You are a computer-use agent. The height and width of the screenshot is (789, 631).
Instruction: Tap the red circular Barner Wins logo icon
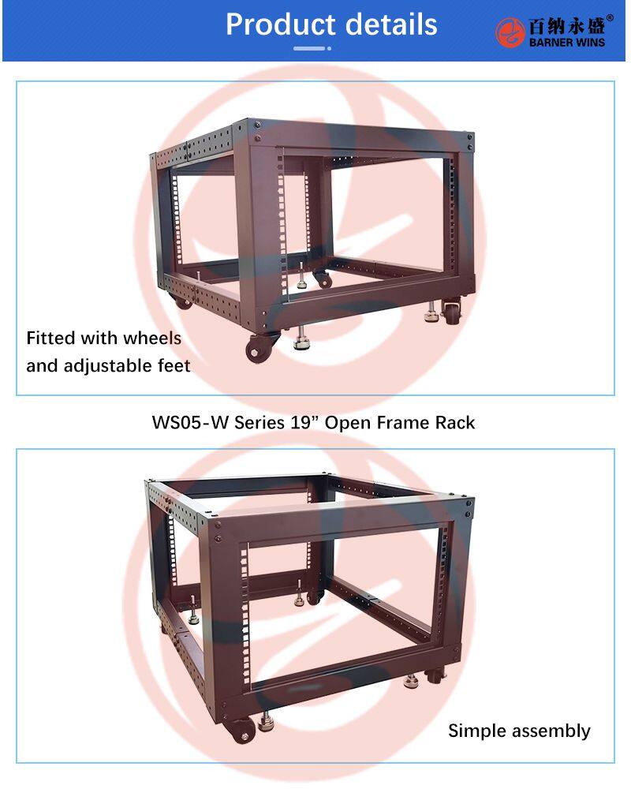[510, 32]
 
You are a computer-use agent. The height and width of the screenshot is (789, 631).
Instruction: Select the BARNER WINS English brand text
[567, 43]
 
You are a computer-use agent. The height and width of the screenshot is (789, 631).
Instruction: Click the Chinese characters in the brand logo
[566, 26]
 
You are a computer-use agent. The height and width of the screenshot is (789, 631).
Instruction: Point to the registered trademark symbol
[610, 18]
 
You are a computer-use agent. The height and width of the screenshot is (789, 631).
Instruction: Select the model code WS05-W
[190, 422]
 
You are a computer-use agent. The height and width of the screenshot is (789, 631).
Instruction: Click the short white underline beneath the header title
[312, 48]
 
